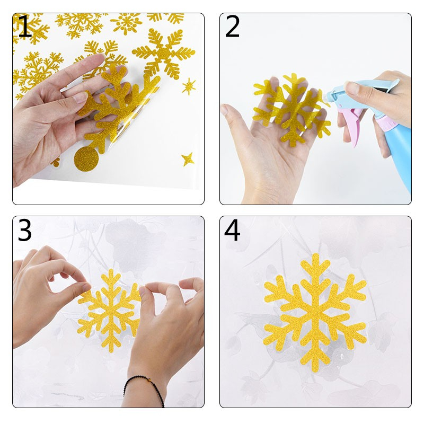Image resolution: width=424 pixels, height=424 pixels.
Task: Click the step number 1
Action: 25,26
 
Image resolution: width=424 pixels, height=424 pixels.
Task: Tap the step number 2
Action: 232,26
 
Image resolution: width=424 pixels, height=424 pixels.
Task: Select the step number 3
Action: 24,230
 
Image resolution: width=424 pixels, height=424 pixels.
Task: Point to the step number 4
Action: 232,230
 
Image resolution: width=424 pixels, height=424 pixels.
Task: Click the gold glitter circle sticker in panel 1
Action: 86,160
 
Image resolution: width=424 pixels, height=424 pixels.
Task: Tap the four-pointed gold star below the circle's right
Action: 188,160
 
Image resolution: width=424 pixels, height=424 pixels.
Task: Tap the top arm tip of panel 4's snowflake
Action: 315,255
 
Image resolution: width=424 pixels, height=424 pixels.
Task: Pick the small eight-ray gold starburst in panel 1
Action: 189,86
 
